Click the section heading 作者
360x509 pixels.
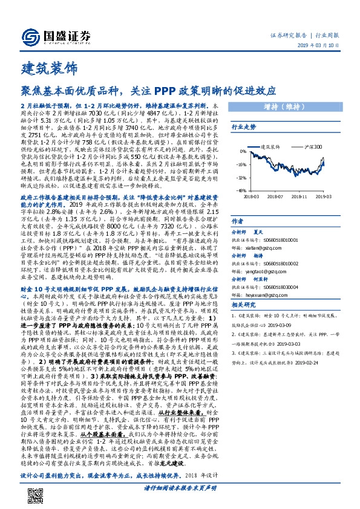coord(238,221)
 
